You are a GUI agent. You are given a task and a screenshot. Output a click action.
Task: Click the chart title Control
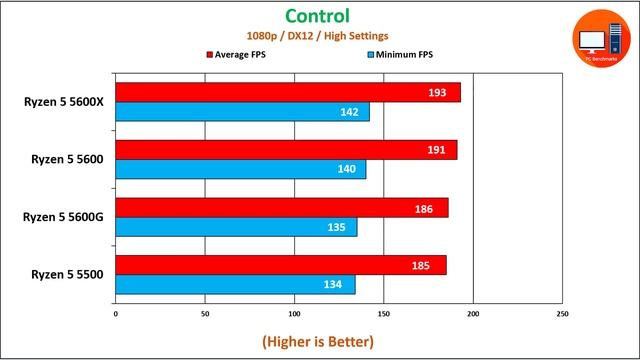click(317, 16)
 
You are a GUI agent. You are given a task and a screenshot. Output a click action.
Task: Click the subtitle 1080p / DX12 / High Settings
click(317, 35)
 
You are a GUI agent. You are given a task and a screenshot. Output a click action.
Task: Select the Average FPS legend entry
click(244, 54)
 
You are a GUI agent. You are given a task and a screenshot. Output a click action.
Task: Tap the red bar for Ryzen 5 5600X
click(288, 92)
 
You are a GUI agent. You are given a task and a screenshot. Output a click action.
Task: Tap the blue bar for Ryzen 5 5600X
click(242, 112)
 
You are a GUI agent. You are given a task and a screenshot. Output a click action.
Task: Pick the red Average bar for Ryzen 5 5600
click(286, 150)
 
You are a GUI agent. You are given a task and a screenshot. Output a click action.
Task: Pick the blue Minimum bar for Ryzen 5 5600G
click(236, 227)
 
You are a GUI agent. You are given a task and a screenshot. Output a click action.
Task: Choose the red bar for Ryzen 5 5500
click(281, 265)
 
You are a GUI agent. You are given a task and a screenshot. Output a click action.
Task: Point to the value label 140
click(346, 170)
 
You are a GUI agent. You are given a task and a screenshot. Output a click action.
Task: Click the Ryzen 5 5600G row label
click(65, 216)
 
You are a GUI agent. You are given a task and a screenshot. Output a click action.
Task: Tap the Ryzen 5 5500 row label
click(65, 274)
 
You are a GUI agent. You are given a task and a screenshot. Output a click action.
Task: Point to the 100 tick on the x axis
click(294, 314)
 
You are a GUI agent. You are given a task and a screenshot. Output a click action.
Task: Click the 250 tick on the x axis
click(562, 314)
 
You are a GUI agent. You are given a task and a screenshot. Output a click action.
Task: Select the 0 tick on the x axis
click(116, 314)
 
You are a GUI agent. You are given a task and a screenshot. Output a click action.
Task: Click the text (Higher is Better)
click(318, 341)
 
